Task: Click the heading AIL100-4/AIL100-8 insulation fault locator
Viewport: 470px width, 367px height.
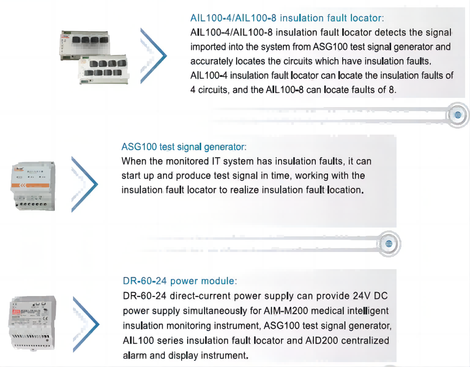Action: click(x=287, y=19)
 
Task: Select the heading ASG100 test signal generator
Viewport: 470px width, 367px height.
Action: click(x=184, y=147)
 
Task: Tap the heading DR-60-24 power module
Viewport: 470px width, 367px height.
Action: click(x=180, y=281)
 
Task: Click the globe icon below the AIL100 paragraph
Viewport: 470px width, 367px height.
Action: click(x=458, y=115)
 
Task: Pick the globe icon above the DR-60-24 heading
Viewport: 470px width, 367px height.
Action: click(x=389, y=244)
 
